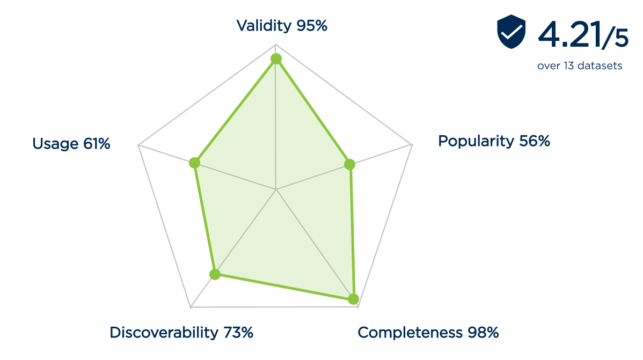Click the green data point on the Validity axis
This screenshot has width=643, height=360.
point(276,58)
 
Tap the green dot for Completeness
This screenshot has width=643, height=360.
point(353,299)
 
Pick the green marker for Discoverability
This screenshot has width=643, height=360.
point(215,275)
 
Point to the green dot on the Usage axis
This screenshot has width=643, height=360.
point(195,162)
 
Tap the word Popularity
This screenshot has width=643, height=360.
point(476,141)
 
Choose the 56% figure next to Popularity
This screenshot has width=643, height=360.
point(535,141)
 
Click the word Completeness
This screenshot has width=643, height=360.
point(410,333)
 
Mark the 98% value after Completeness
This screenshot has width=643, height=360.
point(482,333)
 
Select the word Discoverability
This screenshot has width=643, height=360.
point(164,333)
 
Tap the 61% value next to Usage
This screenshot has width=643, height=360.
point(97,144)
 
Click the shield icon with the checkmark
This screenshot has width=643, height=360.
point(511,32)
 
